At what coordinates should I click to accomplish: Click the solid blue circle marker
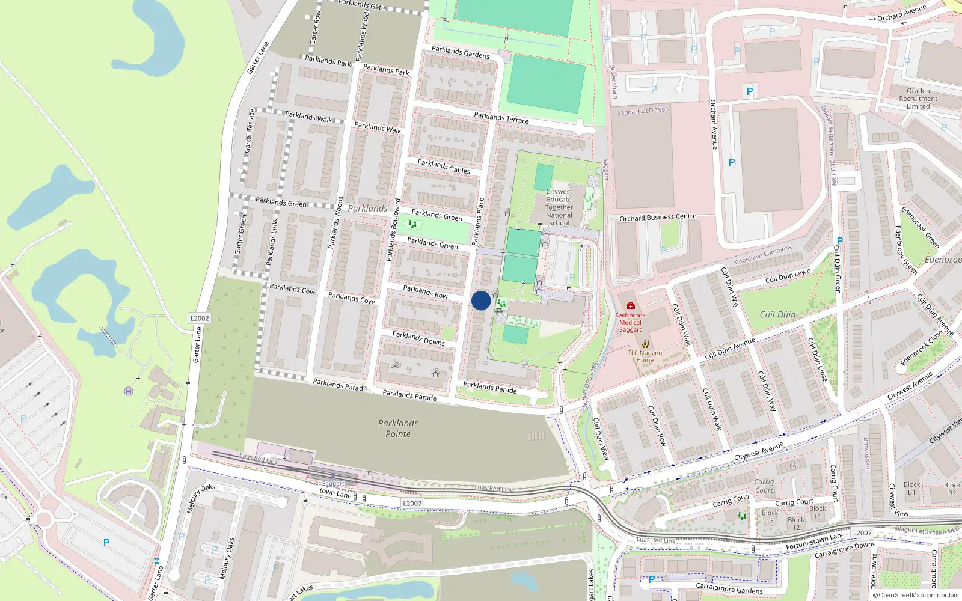tap(481, 300)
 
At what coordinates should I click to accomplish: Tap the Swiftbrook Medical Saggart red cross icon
tap(630, 306)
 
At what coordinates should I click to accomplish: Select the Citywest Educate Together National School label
tap(559, 207)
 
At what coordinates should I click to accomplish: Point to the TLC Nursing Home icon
tap(645, 344)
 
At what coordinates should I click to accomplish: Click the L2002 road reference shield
tap(200, 319)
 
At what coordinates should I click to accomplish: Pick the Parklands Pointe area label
tap(398, 429)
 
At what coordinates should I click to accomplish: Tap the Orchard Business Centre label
tap(658, 218)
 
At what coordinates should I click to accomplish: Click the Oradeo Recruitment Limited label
tap(918, 99)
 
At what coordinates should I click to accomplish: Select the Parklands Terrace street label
tap(501, 118)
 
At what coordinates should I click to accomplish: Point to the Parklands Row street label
tap(425, 292)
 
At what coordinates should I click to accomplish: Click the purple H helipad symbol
tap(128, 391)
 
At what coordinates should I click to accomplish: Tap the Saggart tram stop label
tap(333, 483)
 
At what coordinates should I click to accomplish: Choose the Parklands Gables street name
tap(444, 166)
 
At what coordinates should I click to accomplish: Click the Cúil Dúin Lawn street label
tap(788, 276)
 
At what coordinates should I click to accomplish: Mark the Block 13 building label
tap(770, 517)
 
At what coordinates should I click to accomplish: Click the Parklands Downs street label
tap(418, 338)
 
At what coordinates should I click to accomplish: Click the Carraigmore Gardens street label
tap(729, 588)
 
